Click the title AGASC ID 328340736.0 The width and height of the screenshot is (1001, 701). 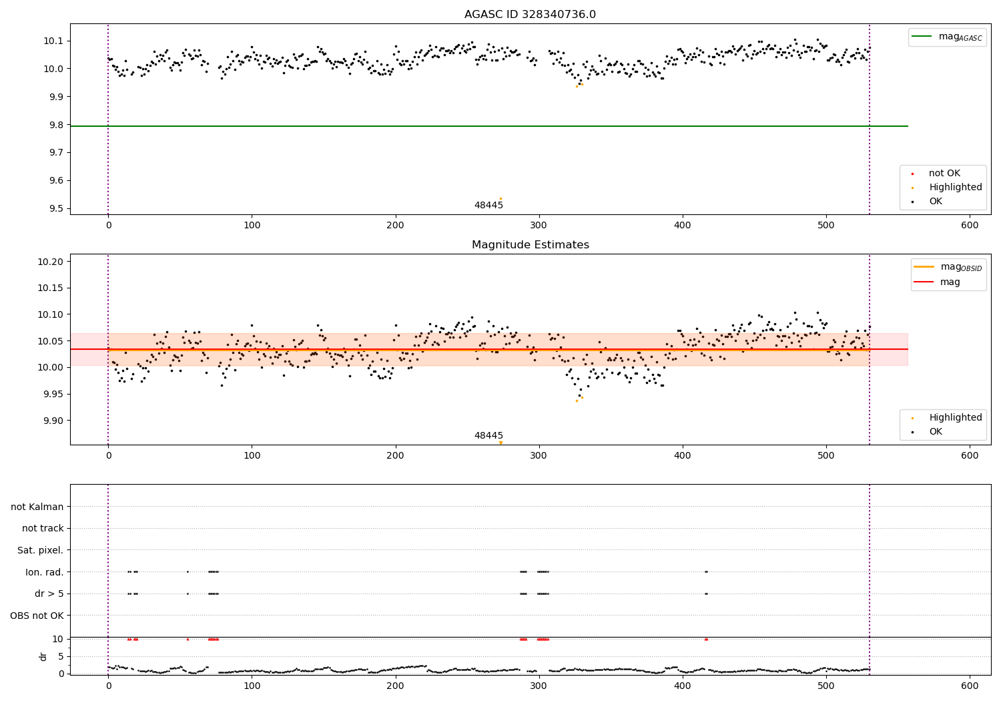[x=530, y=15]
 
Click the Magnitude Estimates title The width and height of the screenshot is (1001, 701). [x=530, y=245]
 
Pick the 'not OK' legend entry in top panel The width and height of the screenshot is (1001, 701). [x=944, y=174]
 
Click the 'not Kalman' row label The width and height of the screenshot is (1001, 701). [x=37, y=507]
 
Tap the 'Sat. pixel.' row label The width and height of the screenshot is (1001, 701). [x=40, y=550]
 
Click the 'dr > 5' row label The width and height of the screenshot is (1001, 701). [x=49, y=594]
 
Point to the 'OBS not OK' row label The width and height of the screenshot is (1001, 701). [x=37, y=616]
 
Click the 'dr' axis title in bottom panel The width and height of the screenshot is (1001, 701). [x=43, y=656]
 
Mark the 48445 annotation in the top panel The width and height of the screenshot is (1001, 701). [x=488, y=205]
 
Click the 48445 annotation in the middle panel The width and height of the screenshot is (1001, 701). [x=488, y=435]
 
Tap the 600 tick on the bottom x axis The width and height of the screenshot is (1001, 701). [x=970, y=686]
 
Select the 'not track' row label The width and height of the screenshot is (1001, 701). [x=43, y=528]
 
